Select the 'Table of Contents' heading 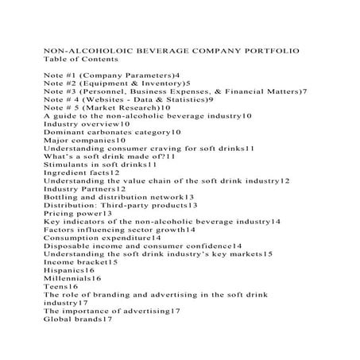[x=80, y=59]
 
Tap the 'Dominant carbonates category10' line [x=107, y=132]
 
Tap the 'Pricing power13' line [x=77, y=214]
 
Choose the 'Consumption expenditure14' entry [x=102, y=238]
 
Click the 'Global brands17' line [x=79, y=319]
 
